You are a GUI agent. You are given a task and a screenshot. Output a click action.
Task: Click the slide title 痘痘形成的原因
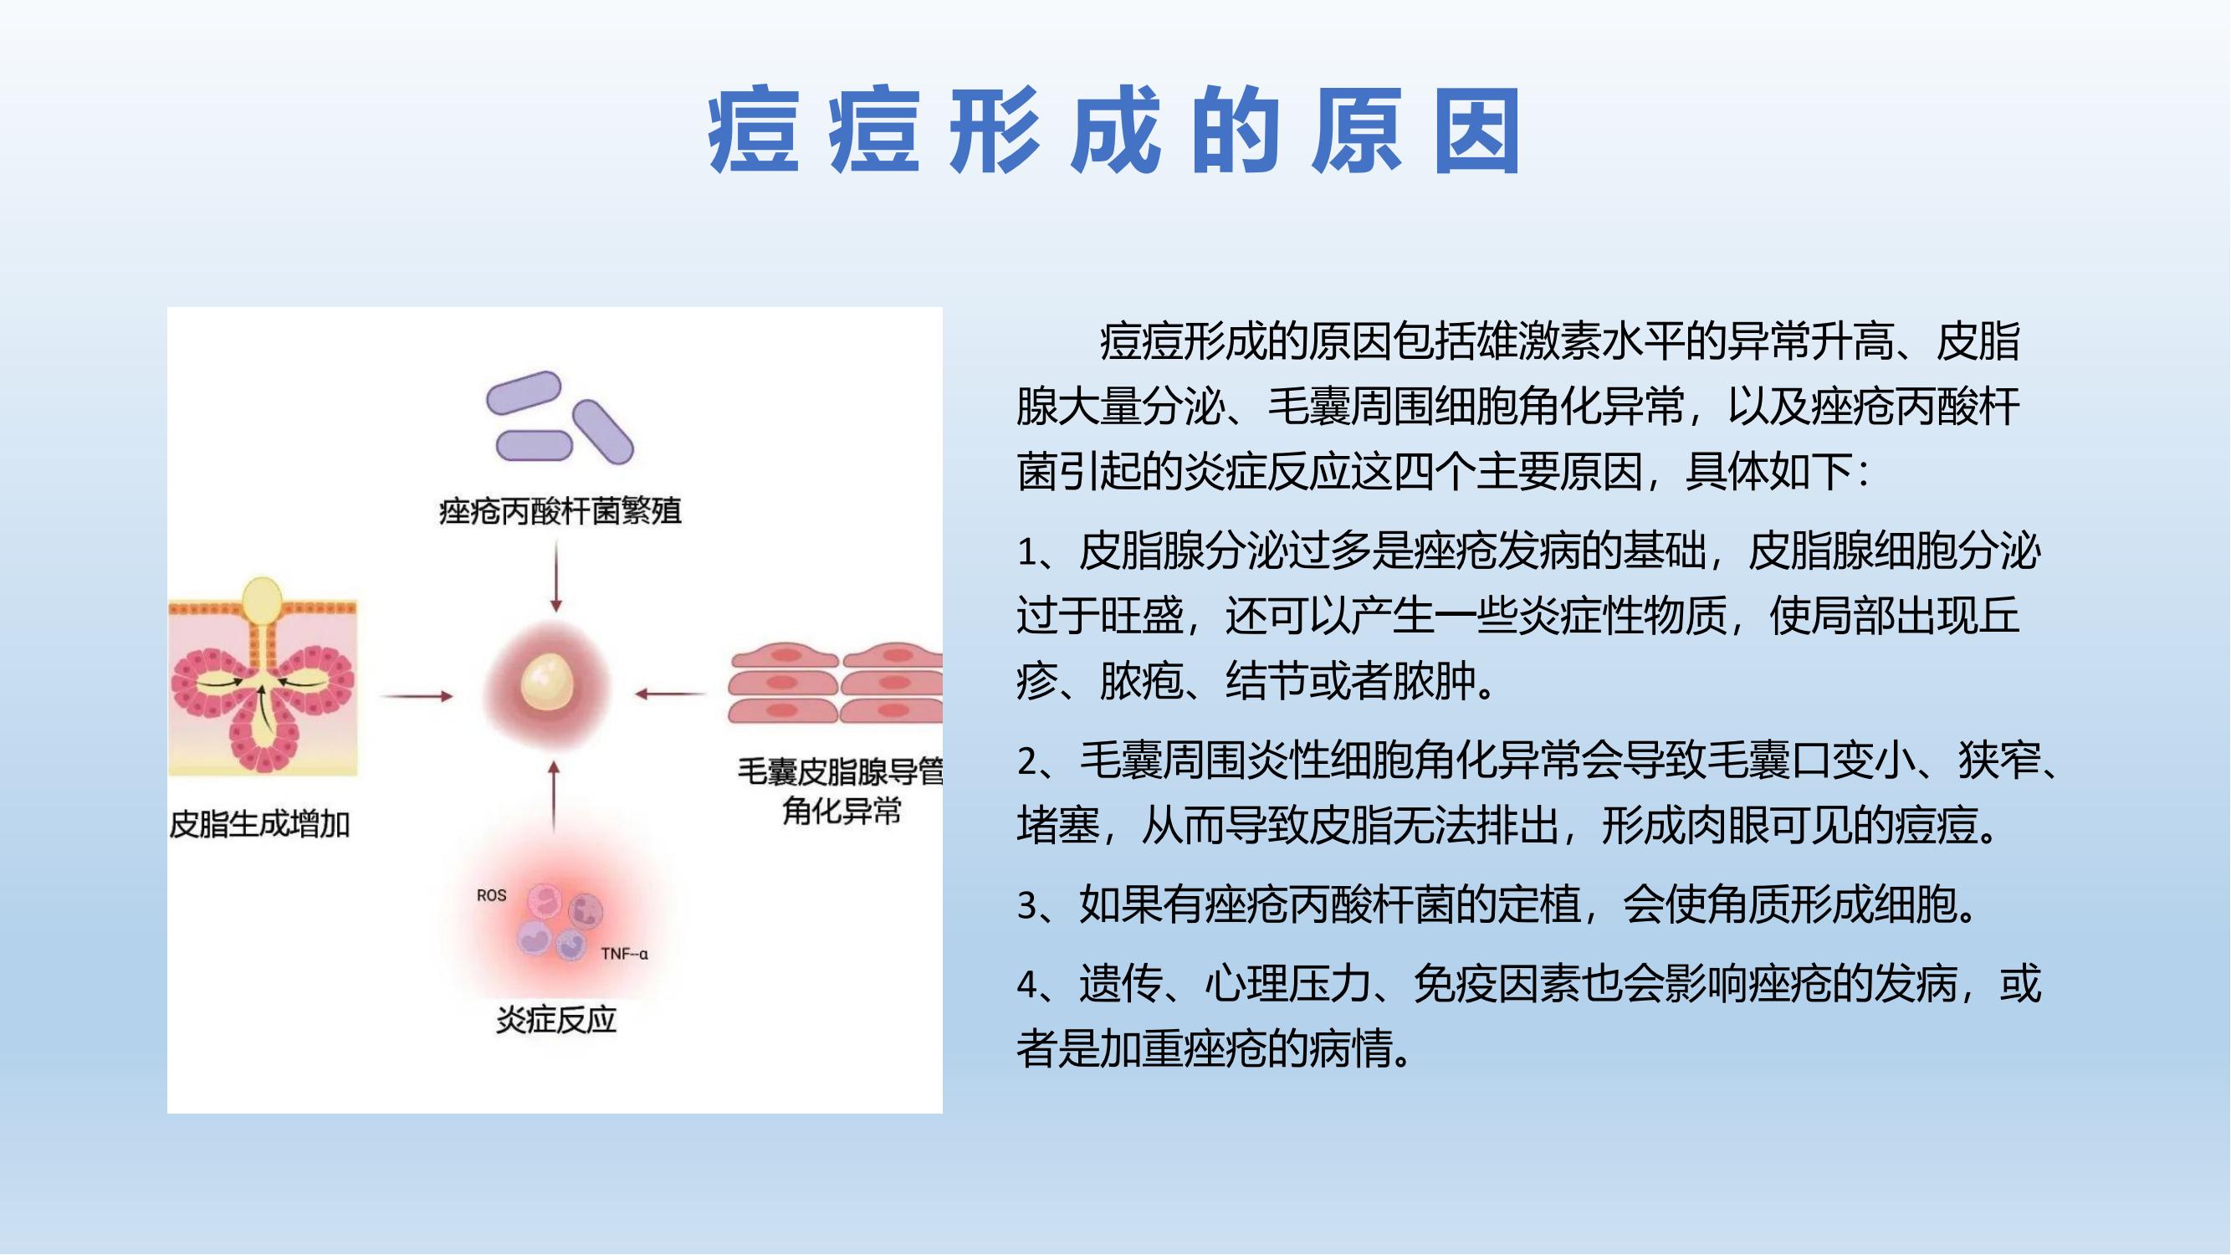click(x=1113, y=131)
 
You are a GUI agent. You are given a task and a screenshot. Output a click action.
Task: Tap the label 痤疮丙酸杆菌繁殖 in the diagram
click(x=560, y=511)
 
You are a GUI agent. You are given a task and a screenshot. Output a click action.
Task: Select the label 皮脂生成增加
click(x=259, y=823)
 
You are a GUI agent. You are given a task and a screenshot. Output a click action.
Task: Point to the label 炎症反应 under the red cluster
click(x=556, y=1019)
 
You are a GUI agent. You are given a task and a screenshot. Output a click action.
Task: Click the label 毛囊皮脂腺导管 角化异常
click(x=840, y=791)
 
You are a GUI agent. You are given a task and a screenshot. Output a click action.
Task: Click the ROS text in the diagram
click(x=491, y=894)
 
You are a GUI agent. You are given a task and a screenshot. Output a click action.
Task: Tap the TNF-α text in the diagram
click(x=624, y=954)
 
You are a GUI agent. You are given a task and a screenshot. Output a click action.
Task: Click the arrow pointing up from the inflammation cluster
click(x=555, y=797)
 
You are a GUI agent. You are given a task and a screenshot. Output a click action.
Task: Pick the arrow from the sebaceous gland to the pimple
click(x=417, y=695)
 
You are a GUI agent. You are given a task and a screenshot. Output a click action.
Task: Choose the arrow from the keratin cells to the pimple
click(x=670, y=694)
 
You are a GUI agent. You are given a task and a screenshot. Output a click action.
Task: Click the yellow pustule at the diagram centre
click(x=547, y=680)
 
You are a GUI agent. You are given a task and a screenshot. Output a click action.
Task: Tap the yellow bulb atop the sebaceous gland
click(x=262, y=599)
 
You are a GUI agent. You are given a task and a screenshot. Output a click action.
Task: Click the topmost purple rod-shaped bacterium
click(x=524, y=393)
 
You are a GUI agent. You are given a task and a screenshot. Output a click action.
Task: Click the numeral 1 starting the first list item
click(x=1026, y=551)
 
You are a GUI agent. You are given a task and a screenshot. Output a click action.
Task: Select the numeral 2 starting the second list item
click(x=1027, y=761)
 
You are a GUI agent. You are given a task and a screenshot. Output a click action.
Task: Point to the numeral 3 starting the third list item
click(x=1027, y=906)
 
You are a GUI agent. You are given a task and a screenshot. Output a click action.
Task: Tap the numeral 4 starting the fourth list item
click(x=1027, y=985)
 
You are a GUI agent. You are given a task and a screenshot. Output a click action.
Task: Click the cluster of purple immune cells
click(x=560, y=921)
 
